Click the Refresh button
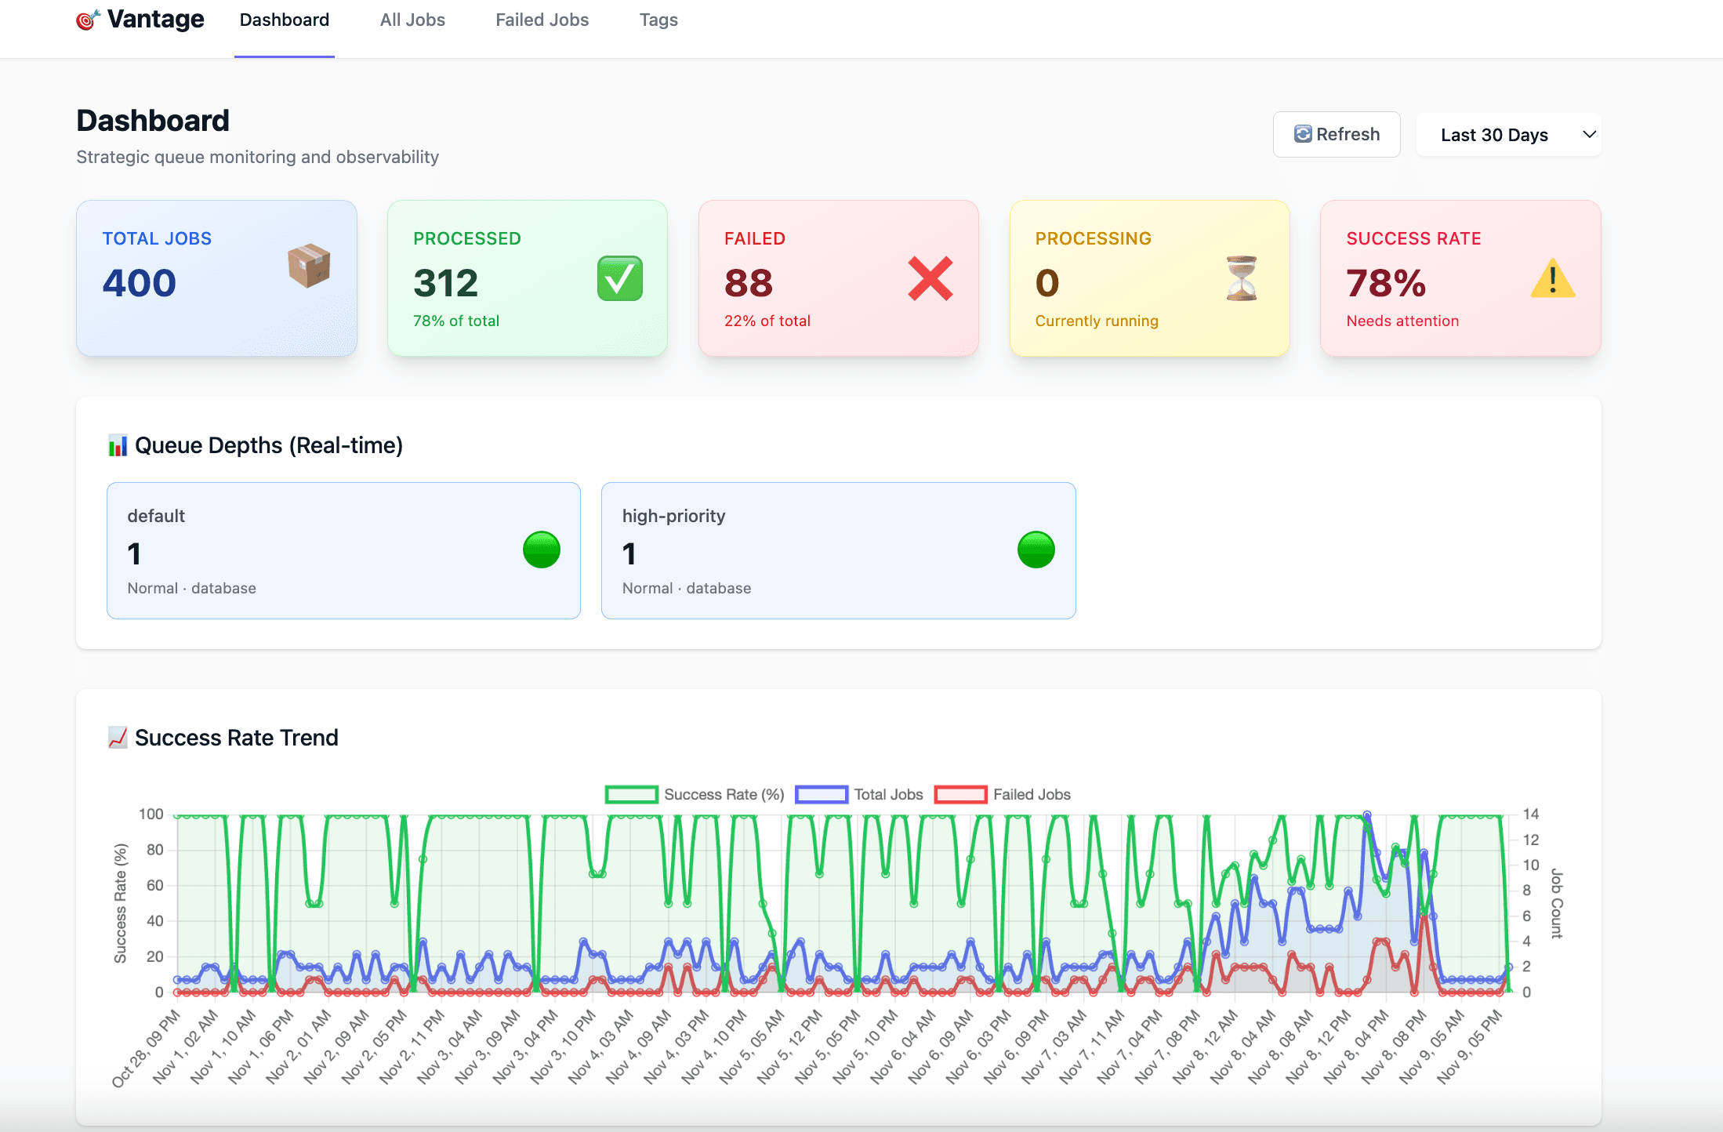pyautogui.click(x=1336, y=134)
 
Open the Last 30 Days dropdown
pyautogui.click(x=1507, y=135)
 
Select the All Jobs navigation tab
pyautogui.click(x=412, y=20)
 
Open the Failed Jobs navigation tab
pyautogui.click(x=542, y=20)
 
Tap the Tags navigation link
pyautogui.click(x=658, y=20)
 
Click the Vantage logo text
pyautogui.click(x=155, y=19)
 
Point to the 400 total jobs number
pyautogui.click(x=140, y=283)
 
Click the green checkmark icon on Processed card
pyautogui.click(x=619, y=278)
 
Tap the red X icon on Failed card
pyautogui.click(x=930, y=278)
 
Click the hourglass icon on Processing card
pyautogui.click(x=1241, y=278)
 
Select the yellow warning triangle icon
pyautogui.click(x=1552, y=279)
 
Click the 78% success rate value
pyautogui.click(x=1385, y=283)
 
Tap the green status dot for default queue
pyautogui.click(x=541, y=550)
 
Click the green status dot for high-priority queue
pyautogui.click(x=1036, y=550)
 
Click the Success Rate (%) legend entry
pyautogui.click(x=695, y=794)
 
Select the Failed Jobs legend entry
pyautogui.click(x=1003, y=794)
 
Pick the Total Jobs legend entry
pyautogui.click(x=860, y=794)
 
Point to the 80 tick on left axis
pyautogui.click(x=154, y=850)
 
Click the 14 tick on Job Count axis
pyautogui.click(x=1530, y=814)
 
